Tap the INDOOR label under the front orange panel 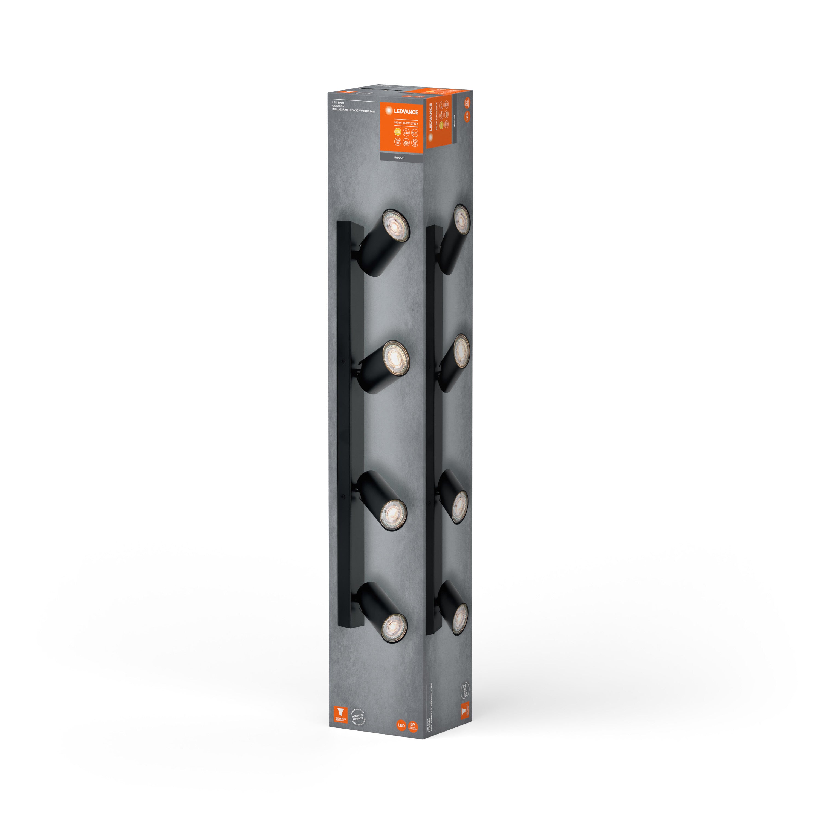(400, 158)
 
